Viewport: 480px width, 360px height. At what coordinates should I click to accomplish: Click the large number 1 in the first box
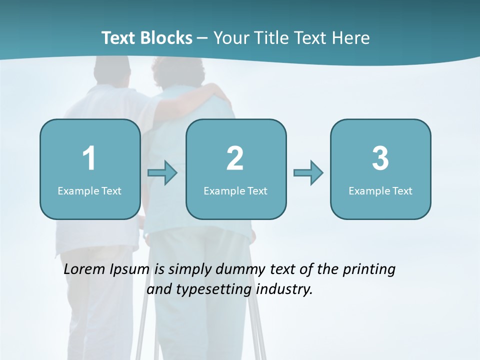pos(89,158)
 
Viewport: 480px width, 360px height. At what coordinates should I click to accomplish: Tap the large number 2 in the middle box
pos(235,158)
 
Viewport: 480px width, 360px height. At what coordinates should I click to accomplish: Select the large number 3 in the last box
pos(380,158)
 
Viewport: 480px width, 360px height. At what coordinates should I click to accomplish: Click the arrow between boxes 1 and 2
pos(163,173)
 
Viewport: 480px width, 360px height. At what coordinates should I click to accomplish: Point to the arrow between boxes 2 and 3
pos(308,173)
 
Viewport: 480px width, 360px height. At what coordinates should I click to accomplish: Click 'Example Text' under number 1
pos(89,190)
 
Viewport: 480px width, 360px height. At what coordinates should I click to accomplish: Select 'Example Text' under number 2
pos(235,190)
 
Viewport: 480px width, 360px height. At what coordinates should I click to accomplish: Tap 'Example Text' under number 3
pos(380,190)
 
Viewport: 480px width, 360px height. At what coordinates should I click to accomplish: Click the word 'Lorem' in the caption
pos(84,269)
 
